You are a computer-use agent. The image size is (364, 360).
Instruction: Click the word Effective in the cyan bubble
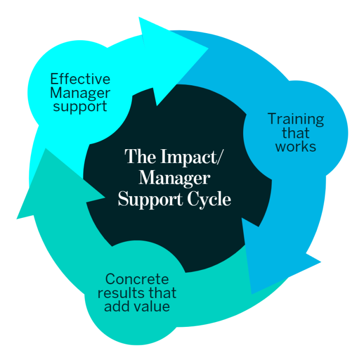(x=80, y=79)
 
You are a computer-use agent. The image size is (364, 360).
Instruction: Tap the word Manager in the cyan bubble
(x=80, y=92)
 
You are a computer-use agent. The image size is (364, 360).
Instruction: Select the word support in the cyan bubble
(x=80, y=106)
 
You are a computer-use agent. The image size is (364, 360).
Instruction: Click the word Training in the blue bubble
(x=296, y=119)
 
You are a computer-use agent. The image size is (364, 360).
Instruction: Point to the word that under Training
(x=296, y=133)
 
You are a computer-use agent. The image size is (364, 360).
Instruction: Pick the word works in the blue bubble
(x=296, y=146)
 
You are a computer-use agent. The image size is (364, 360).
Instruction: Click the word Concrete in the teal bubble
(x=136, y=279)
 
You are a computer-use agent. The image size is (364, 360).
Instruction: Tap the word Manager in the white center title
(x=174, y=178)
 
